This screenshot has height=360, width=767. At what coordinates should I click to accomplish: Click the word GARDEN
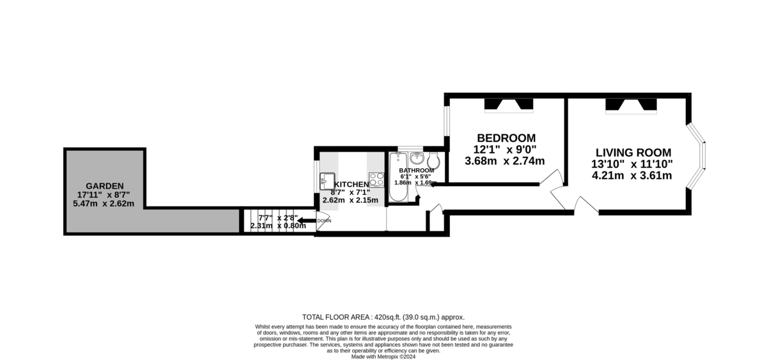pyautogui.click(x=104, y=186)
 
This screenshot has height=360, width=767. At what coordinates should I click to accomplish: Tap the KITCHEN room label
pyautogui.click(x=352, y=185)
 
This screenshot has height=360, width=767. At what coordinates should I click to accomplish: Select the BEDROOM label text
pyautogui.click(x=506, y=138)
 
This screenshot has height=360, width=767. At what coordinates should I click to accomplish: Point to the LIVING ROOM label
pyautogui.click(x=633, y=152)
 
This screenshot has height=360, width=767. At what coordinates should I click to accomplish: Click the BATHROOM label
pyautogui.click(x=416, y=171)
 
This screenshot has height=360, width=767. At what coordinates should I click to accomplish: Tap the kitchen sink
pyautogui.click(x=327, y=181)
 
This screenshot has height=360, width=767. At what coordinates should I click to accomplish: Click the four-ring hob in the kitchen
pyautogui.click(x=376, y=180)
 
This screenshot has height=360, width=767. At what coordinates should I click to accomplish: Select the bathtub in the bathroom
pyautogui.click(x=398, y=177)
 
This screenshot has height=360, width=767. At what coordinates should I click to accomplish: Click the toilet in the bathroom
pyautogui.click(x=433, y=160)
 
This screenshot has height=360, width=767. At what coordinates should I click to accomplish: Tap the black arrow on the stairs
pyautogui.click(x=306, y=220)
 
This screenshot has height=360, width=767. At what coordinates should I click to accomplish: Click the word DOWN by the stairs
pyautogui.click(x=324, y=221)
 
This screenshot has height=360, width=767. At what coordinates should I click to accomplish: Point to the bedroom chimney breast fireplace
pyautogui.click(x=509, y=105)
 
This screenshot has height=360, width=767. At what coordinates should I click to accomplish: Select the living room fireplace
pyautogui.click(x=631, y=106)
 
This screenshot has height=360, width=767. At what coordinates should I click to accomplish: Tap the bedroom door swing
pyautogui.click(x=550, y=177)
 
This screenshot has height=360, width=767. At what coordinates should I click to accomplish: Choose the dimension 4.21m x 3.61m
pyautogui.click(x=631, y=176)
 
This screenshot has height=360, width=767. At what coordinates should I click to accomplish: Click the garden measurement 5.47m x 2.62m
pyautogui.click(x=104, y=204)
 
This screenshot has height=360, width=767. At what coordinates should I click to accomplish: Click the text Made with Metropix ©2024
pyautogui.click(x=383, y=357)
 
